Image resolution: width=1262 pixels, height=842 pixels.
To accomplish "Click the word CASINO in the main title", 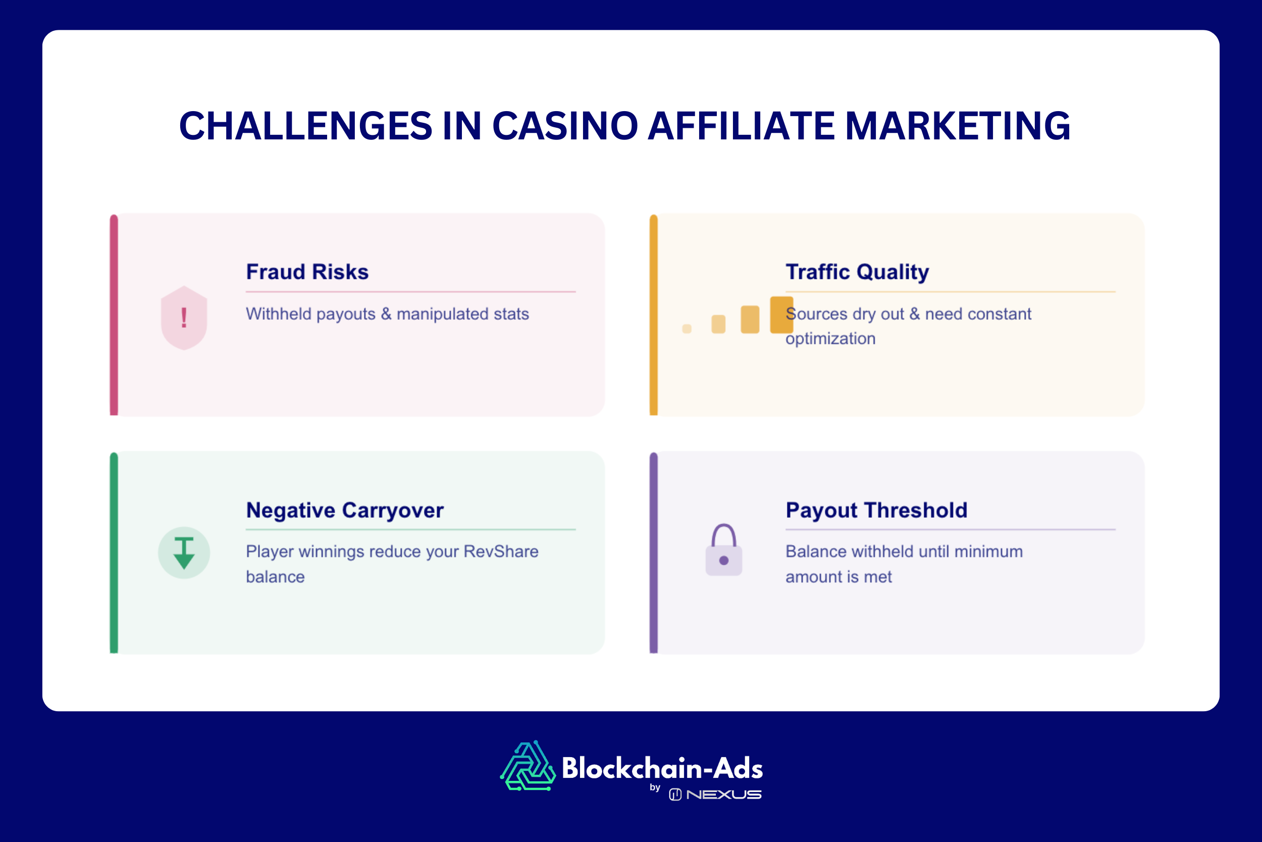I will point(565,126).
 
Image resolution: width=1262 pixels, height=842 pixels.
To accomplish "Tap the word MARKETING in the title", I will point(958,126).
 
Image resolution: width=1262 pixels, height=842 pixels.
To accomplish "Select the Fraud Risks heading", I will point(307,272).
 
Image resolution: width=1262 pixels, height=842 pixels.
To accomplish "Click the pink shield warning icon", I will point(184,317).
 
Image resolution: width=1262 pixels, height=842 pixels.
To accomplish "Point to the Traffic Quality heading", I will point(857,272).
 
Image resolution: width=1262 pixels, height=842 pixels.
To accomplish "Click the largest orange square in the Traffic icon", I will point(781,315).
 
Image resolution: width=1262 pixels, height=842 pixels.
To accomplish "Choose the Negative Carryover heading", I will point(344,510).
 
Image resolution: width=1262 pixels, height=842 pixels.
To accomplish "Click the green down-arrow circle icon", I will point(184,553).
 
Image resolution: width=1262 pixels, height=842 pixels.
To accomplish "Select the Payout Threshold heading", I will point(876,510).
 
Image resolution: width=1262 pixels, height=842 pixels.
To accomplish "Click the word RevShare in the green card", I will point(501,552).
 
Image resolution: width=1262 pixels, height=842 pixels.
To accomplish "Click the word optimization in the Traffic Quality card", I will point(830,338).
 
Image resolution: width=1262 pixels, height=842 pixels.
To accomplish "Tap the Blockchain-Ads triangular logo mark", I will point(528,767).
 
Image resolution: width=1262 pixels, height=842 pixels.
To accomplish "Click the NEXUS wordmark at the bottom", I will point(723,795).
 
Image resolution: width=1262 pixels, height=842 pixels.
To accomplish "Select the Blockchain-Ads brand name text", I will point(662,768).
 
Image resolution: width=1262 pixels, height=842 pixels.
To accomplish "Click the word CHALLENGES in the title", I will point(305,126).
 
